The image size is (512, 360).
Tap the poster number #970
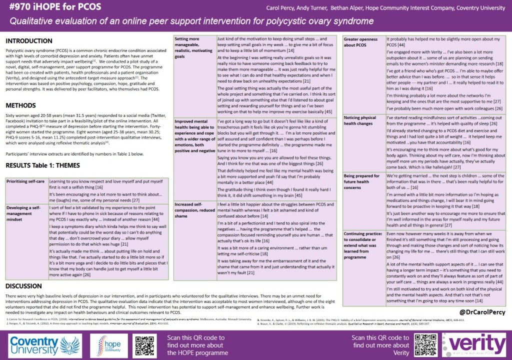point(19,8)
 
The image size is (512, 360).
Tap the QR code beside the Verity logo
point(425,344)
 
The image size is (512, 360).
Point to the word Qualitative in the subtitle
point(35,21)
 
